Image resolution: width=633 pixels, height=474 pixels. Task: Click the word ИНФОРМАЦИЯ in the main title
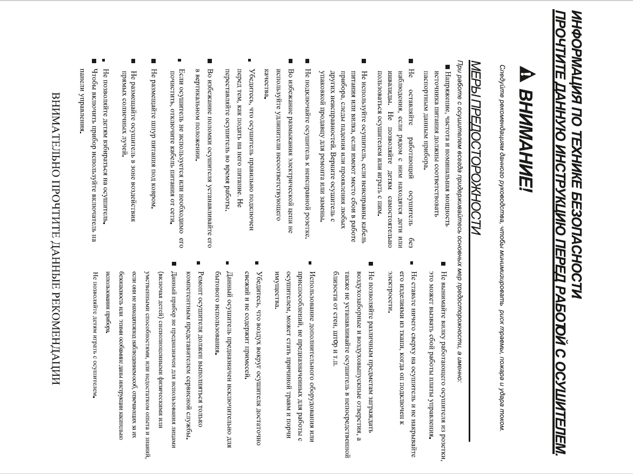(x=578, y=46)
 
